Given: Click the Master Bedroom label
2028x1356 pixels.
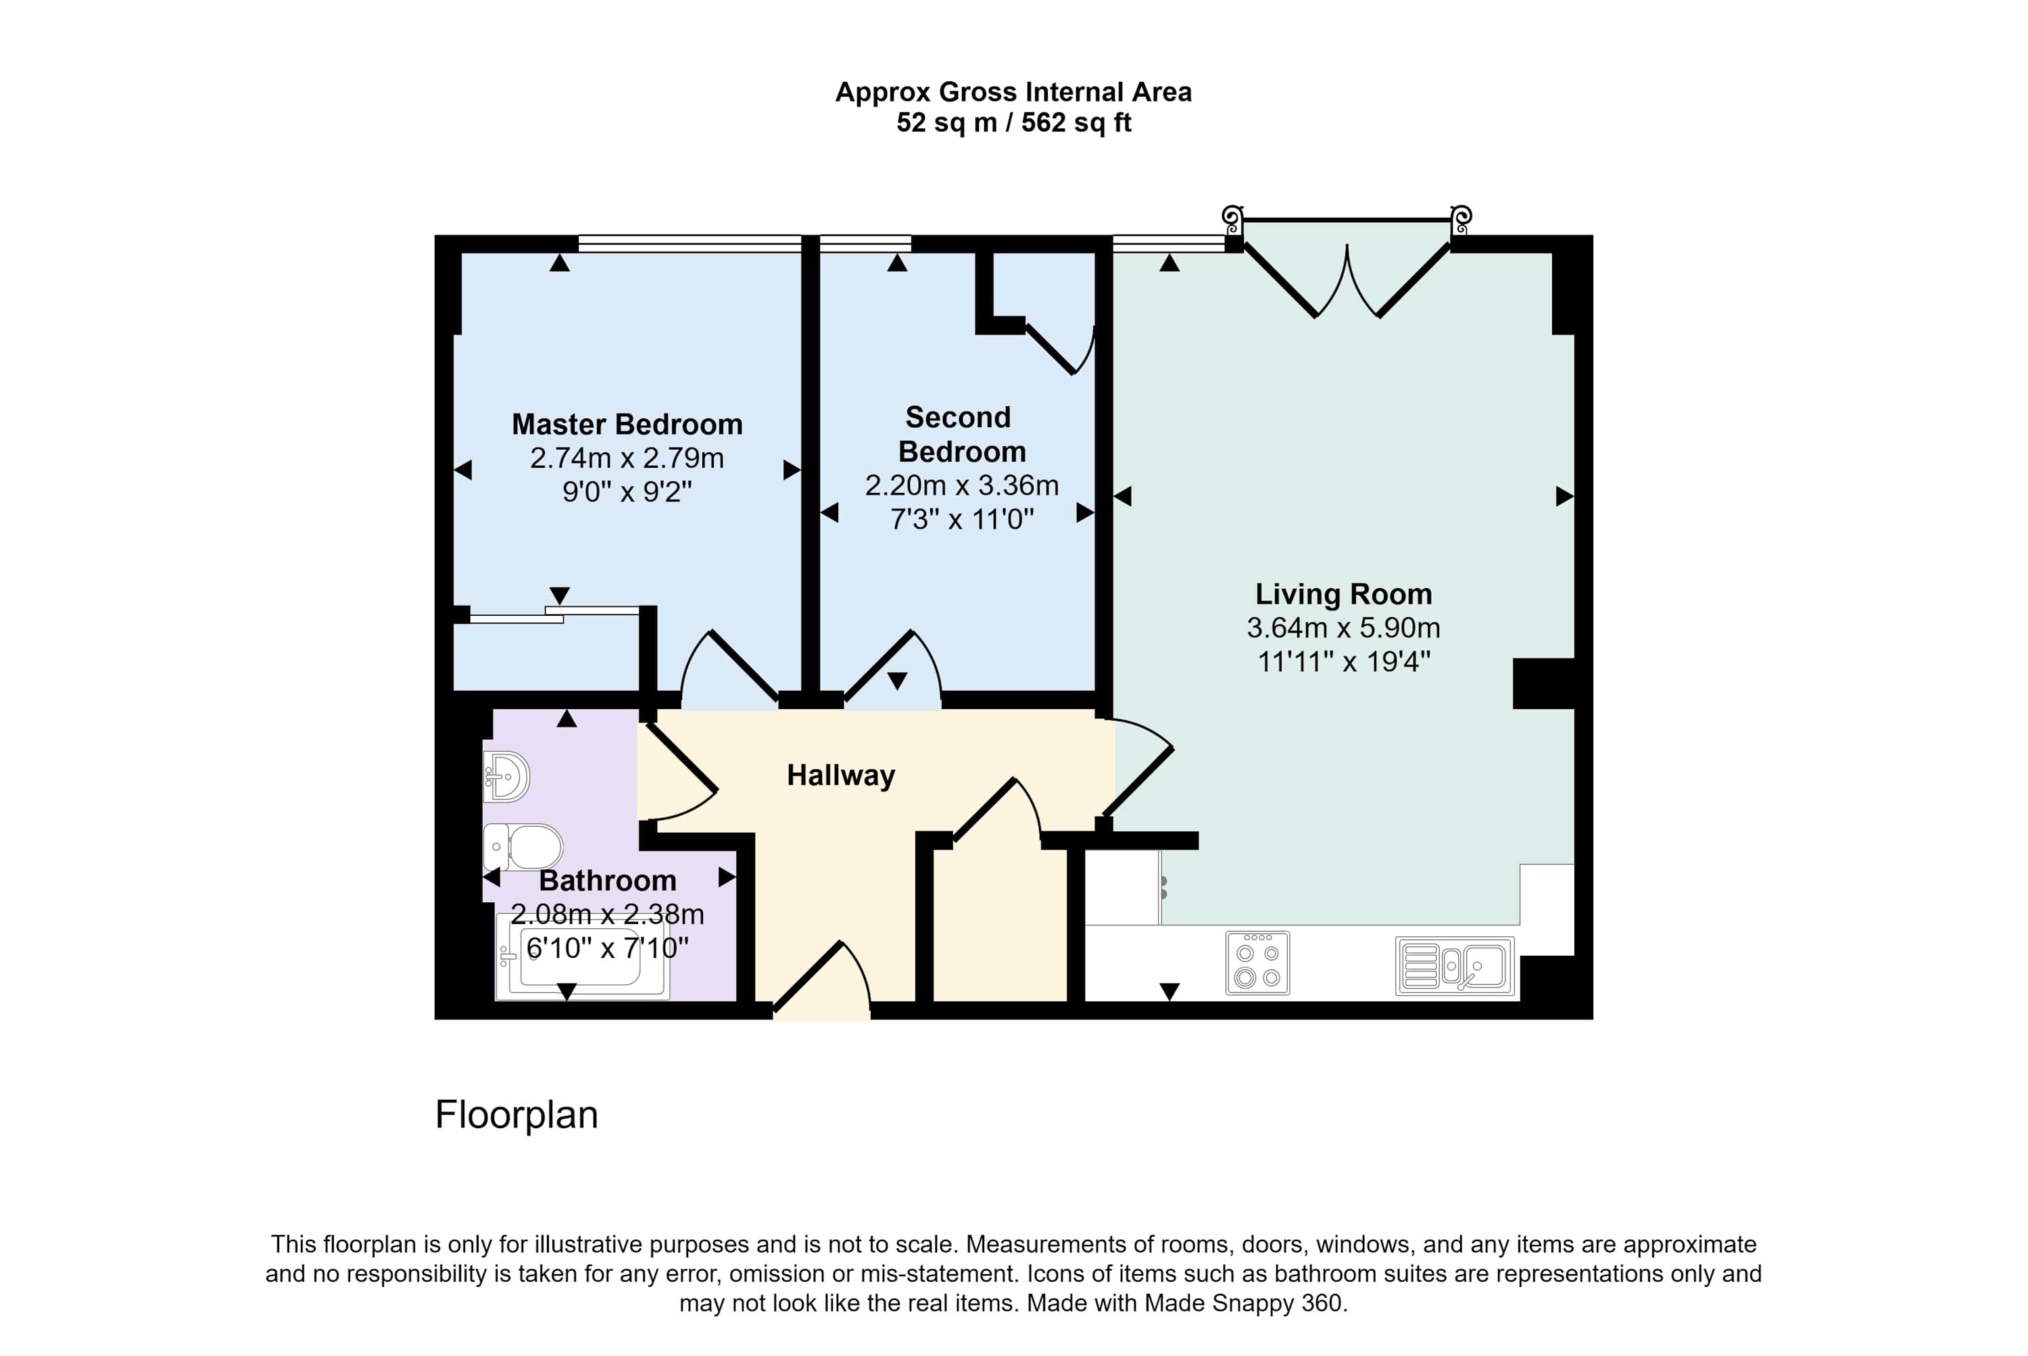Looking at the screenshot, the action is (627, 425).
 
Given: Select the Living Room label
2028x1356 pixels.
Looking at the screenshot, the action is (1343, 594).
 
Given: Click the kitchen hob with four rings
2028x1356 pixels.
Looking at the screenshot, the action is (1257, 963).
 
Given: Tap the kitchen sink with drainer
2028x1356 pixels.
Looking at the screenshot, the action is (1455, 966).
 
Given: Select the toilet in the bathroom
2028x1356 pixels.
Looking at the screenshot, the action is (523, 846).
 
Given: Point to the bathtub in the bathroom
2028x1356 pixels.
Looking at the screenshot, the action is (582, 957).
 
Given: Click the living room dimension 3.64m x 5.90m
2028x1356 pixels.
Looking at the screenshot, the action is (1343, 628).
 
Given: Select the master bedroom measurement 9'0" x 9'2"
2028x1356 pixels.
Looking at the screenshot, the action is (627, 492).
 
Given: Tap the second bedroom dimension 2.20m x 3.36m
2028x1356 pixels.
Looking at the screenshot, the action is (962, 485).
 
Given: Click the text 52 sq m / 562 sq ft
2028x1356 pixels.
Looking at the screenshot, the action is (1013, 123).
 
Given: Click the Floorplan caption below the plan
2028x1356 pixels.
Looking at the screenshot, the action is (516, 1115).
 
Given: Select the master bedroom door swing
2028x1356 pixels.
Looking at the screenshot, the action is (729, 666).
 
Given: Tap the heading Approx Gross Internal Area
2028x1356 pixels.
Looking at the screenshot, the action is (1013, 92).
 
